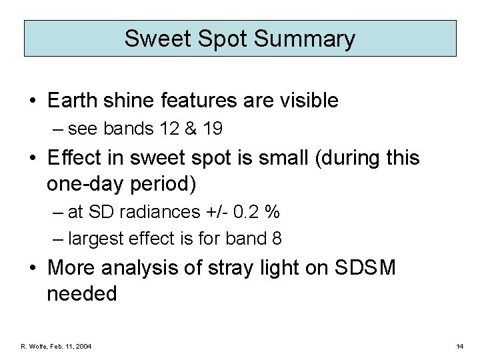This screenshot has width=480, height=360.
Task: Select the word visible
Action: point(308,101)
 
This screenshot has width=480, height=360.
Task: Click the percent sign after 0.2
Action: point(273,213)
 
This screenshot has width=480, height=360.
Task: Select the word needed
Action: point(82,293)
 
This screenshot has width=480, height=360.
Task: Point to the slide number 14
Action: point(460,346)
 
